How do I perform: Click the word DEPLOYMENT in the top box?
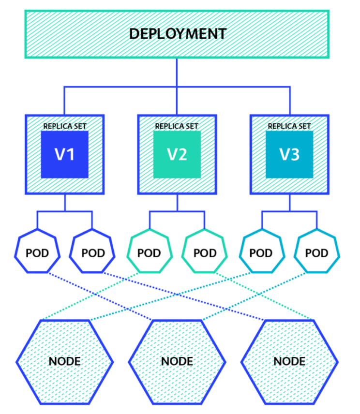tap(177, 34)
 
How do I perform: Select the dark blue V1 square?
tap(64, 154)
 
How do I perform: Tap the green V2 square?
tap(177, 154)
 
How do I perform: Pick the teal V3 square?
tap(289, 154)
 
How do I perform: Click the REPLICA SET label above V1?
tap(65, 126)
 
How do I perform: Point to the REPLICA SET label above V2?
tap(177, 126)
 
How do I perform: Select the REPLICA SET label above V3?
tap(289, 126)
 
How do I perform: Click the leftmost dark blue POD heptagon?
tap(37, 252)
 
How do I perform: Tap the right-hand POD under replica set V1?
tap(93, 252)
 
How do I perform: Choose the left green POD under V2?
tap(149, 252)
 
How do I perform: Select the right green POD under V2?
tap(205, 252)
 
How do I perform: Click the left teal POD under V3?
tap(261, 252)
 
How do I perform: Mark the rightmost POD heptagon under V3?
tap(317, 252)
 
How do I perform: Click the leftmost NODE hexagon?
tap(64, 361)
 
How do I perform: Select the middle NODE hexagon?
tap(177, 361)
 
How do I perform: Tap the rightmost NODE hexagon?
tap(289, 361)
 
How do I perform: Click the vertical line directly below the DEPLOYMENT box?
tap(177, 73)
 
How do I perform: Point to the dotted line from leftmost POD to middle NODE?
tap(102, 296)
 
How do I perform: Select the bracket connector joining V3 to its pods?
tap(289, 211)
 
